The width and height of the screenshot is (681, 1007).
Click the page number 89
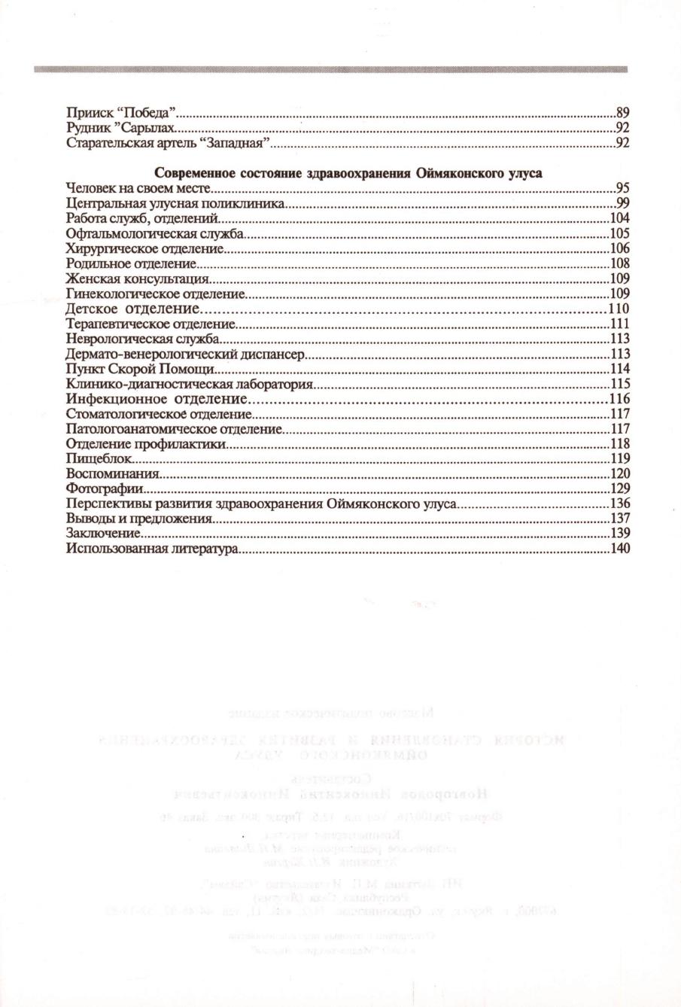pos(622,112)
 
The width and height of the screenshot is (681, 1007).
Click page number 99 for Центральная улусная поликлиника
pos(622,203)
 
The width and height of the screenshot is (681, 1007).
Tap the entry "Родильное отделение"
pos(131,263)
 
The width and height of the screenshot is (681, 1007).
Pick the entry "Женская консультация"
pos(138,278)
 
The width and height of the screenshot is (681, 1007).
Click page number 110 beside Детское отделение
pos(619,309)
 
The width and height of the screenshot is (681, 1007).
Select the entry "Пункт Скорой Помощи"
pos(141,369)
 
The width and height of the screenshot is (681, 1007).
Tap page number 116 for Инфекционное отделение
pos(619,399)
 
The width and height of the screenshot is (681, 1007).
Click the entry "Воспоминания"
pos(112,473)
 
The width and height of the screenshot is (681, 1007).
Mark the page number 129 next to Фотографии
pos(619,489)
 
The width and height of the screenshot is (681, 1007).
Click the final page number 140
pos(619,549)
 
